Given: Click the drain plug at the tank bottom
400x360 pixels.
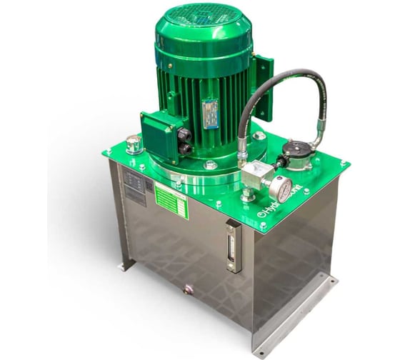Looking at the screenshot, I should pos(189,289).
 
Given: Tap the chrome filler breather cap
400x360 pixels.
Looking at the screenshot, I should pos(133,145).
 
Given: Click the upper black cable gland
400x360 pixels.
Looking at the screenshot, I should pos(183,134).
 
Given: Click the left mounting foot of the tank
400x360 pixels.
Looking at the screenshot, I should pos(126,264).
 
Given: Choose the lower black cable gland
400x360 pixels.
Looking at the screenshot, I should pos(184,148).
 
